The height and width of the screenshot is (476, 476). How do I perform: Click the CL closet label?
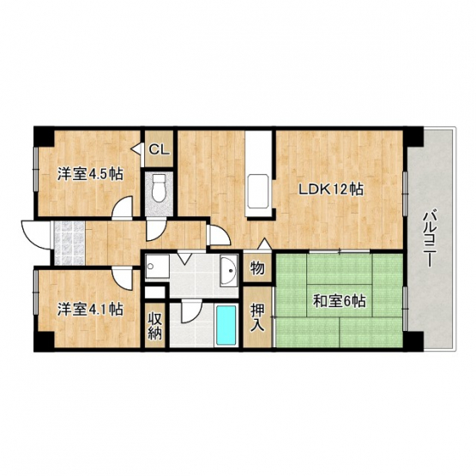[159, 149]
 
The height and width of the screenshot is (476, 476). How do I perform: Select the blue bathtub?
[226, 325]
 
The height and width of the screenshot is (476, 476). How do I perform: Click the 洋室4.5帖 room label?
[90, 174]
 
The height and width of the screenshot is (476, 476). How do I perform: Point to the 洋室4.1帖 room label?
[90, 309]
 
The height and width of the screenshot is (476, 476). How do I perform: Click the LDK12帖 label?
[331, 190]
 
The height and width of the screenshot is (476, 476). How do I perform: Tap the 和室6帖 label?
[339, 302]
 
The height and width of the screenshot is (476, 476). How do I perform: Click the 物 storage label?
[257, 268]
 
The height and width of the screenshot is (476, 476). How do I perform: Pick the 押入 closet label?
[258, 318]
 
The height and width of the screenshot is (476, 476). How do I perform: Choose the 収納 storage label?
[155, 326]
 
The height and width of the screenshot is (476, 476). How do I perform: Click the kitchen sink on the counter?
[258, 191]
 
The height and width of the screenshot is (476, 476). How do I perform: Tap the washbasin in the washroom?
[228, 270]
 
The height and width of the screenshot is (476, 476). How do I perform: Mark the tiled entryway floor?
[69, 243]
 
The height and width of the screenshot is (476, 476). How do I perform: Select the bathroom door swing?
[192, 310]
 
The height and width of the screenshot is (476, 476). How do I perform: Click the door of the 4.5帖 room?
[122, 208]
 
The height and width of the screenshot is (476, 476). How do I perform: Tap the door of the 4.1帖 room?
[122, 278]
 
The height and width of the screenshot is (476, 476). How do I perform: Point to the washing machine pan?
[157, 266]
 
